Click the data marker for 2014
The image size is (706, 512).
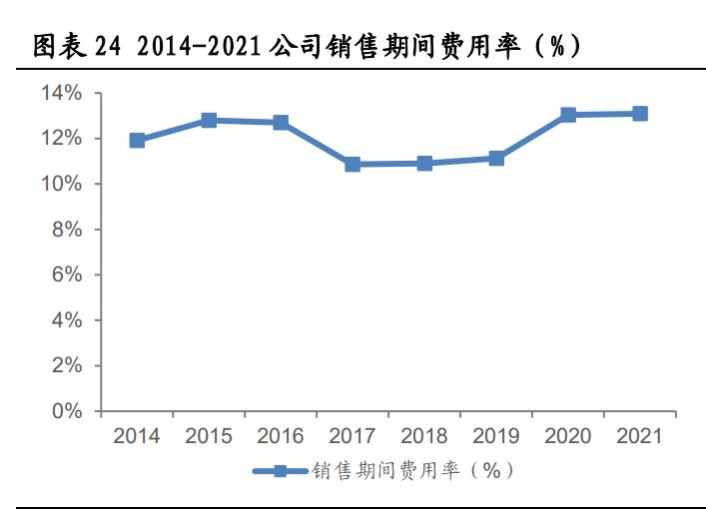[x=137, y=141]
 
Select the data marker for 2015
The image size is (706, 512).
[x=209, y=120]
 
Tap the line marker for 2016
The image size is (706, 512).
[x=281, y=123]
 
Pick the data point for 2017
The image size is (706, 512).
[x=353, y=164]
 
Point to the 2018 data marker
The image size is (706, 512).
[x=424, y=163]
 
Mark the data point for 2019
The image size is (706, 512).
[x=496, y=158]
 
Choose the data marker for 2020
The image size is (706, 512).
[x=568, y=115]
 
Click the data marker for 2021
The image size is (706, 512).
[x=640, y=114]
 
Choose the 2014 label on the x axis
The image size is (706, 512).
[x=137, y=436]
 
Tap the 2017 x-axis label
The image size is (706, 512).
[x=353, y=436]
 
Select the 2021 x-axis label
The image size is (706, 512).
[x=640, y=436]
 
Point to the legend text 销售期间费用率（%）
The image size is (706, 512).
[x=412, y=470]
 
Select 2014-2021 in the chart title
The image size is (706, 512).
[x=196, y=46]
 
